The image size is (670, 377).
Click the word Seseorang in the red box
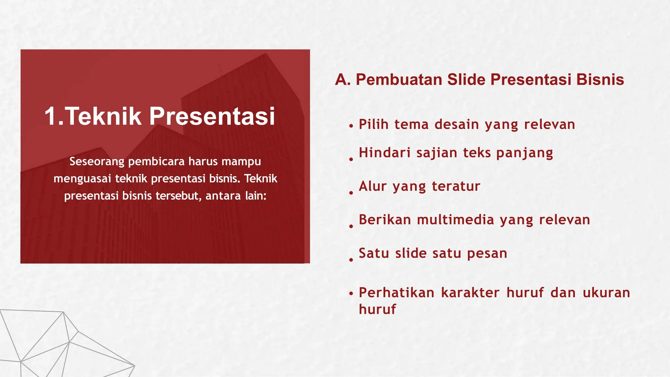point(97,161)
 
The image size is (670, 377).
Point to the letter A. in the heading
point(343,80)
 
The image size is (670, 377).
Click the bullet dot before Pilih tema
point(351,126)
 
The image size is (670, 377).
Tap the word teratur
point(456,186)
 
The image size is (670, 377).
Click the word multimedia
point(456,220)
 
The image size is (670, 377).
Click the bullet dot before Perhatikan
point(351,294)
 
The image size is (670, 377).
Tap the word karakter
point(470,293)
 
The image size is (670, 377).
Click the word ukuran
point(606,293)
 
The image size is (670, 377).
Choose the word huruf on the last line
point(377,309)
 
